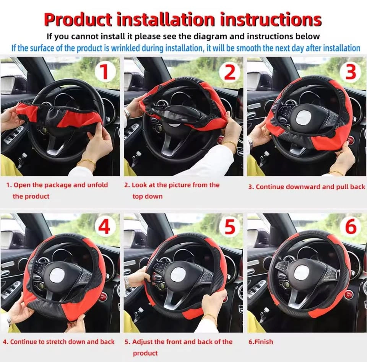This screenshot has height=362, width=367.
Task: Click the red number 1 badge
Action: (105, 72)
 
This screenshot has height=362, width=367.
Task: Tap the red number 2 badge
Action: (230, 72)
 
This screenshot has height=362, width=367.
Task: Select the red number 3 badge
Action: (351, 72)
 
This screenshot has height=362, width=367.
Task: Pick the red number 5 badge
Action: (230, 227)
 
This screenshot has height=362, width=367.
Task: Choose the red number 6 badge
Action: (351, 227)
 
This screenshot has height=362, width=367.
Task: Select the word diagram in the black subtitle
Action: (207, 36)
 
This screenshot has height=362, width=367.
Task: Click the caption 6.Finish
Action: (260, 342)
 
